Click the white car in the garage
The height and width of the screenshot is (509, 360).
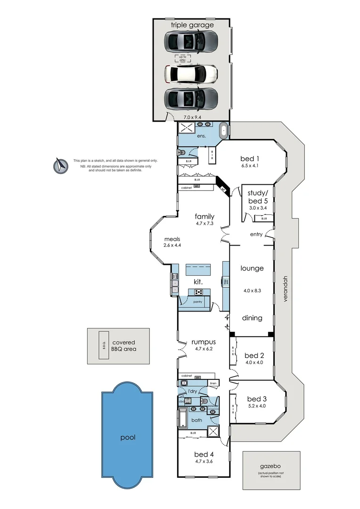click(191, 74)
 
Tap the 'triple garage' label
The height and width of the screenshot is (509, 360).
click(192, 25)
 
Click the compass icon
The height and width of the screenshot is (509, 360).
click(60, 164)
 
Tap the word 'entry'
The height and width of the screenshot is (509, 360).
click(256, 234)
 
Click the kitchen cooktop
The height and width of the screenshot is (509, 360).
click(198, 292)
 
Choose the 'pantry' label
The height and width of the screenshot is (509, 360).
click(198, 301)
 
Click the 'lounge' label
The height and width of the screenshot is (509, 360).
click(252, 268)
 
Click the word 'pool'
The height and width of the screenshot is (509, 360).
click(128, 437)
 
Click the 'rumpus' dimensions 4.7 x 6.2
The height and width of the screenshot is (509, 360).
click(204, 350)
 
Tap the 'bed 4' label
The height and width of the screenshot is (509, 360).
click(204, 454)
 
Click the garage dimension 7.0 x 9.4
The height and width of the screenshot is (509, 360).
click(191, 113)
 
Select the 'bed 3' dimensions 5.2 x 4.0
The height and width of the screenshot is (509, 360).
click(257, 405)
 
